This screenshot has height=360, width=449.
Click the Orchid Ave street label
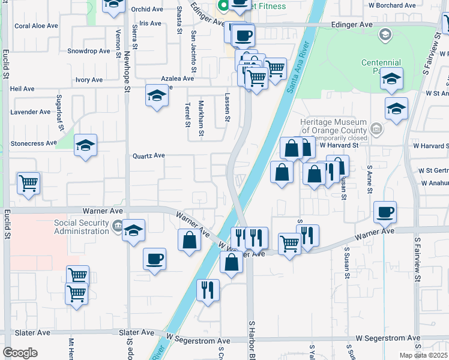point(147,10)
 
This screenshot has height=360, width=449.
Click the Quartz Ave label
point(149,155)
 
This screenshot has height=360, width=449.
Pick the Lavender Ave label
point(31,112)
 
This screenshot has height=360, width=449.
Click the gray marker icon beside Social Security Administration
point(116,226)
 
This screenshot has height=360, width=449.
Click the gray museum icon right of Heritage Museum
point(376,128)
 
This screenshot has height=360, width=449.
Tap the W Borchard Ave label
point(393,5)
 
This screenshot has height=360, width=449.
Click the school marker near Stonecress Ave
point(85,145)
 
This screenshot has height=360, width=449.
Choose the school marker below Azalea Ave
point(157,95)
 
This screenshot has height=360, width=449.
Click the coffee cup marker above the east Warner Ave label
point(385,211)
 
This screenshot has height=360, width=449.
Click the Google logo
point(20,353)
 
